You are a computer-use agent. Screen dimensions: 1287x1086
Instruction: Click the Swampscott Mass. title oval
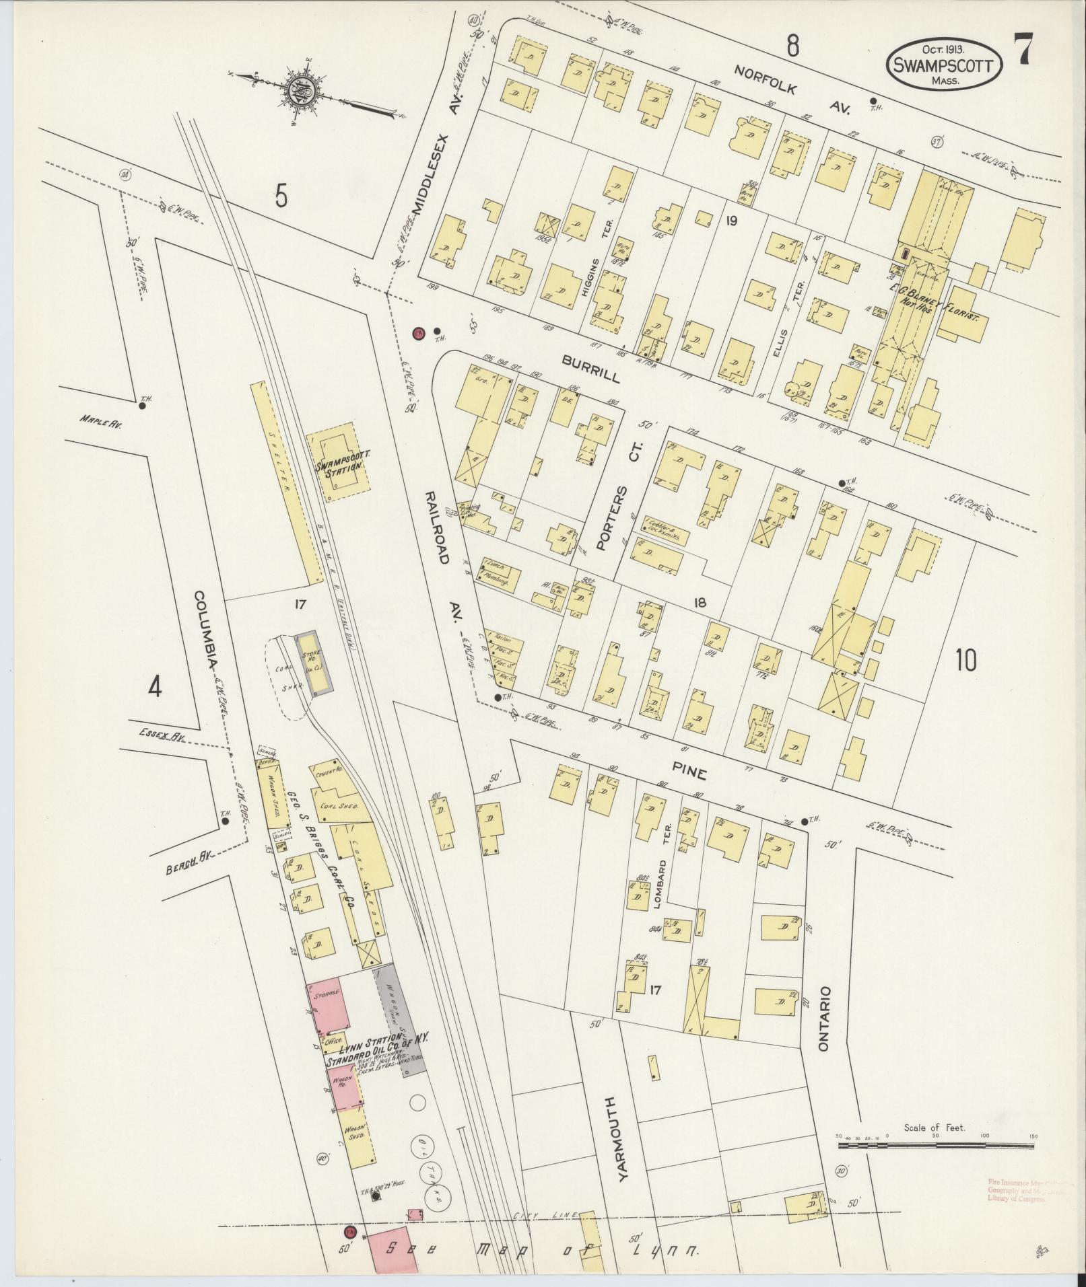[945, 65]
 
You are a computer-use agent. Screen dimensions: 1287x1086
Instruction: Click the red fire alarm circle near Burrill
[419, 334]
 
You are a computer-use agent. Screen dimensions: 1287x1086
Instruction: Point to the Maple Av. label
[100, 424]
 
